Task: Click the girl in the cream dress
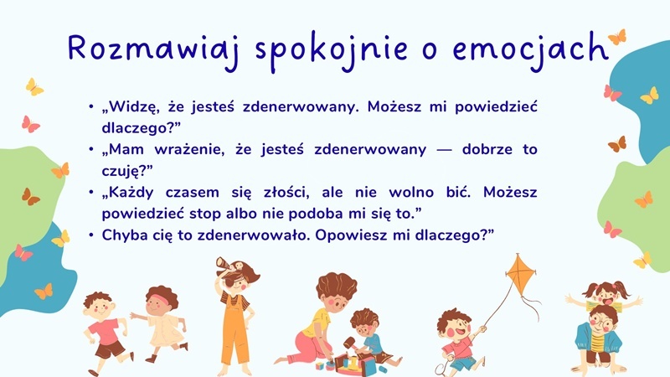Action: point(159,323)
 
